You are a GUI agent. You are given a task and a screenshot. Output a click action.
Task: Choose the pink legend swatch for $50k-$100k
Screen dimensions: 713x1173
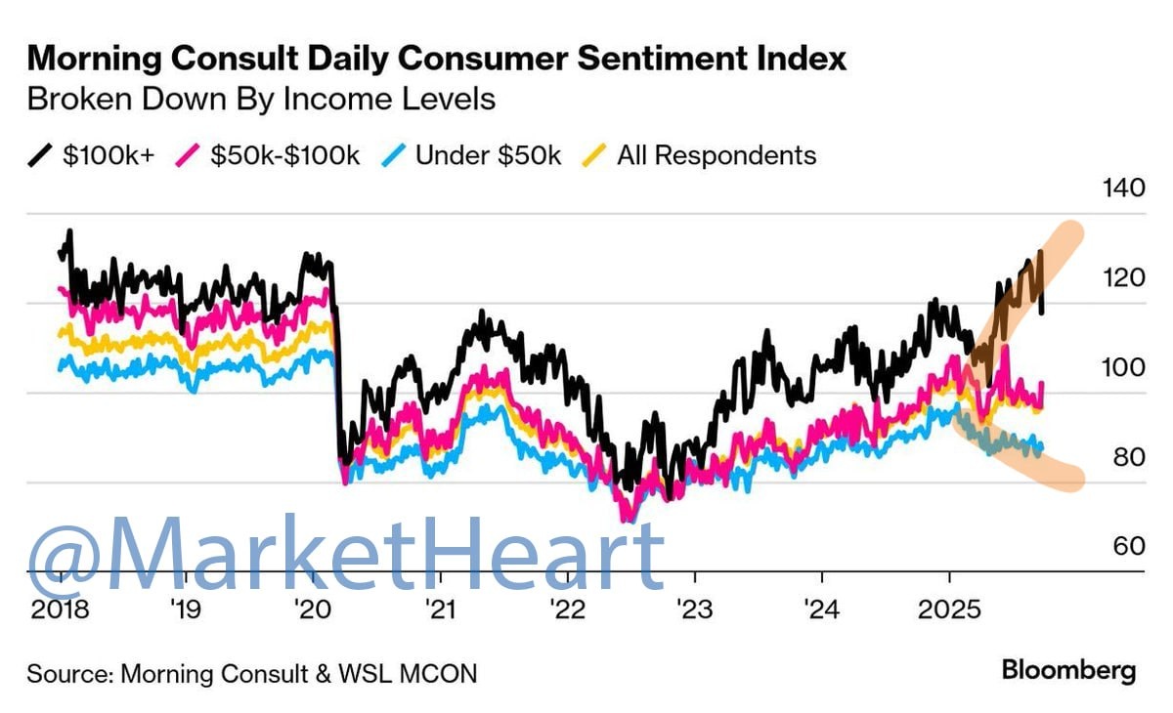coord(188,155)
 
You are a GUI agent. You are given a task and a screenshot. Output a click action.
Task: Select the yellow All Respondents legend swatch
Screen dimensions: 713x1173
coord(595,155)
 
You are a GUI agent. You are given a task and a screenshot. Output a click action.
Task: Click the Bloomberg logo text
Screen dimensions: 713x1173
coord(1068,670)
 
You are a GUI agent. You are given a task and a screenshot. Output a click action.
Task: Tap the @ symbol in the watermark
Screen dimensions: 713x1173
coord(66,553)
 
